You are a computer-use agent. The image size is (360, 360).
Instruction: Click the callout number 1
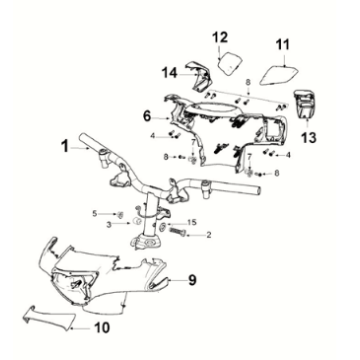(65, 147)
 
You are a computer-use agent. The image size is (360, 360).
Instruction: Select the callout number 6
(148, 116)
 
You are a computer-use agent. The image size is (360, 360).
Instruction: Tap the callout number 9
(192, 280)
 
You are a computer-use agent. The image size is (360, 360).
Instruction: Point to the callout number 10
(102, 328)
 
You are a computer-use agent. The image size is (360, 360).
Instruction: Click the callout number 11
(282, 45)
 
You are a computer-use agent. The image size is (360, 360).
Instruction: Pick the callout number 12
(221, 37)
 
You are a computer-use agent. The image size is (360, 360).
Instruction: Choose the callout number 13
(308, 137)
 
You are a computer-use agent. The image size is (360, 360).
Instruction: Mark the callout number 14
(170, 73)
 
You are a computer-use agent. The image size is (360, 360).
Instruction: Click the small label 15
(192, 222)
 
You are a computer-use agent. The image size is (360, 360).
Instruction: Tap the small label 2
(209, 235)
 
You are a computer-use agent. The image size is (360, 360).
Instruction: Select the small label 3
(109, 225)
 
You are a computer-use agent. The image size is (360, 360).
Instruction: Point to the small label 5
(95, 213)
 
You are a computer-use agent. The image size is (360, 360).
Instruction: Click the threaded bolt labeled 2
(178, 231)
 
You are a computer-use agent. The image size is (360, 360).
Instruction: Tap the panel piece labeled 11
(278, 76)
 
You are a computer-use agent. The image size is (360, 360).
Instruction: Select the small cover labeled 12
(230, 63)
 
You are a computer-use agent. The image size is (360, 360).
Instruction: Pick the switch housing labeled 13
(304, 104)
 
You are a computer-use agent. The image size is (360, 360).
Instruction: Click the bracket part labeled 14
(200, 76)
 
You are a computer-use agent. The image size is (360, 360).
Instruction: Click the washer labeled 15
(163, 226)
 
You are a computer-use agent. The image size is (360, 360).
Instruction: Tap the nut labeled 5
(122, 214)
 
